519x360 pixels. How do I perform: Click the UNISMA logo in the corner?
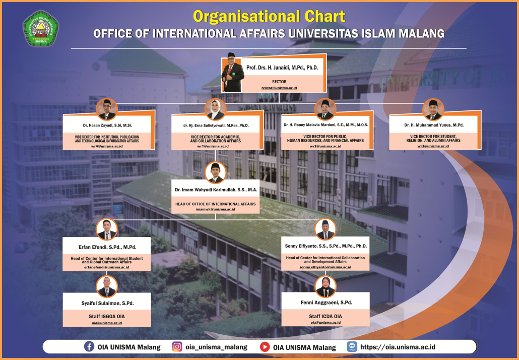click(41, 29)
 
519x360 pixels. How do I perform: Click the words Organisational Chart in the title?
click(269, 16)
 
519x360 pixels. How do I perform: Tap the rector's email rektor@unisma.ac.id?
click(279, 88)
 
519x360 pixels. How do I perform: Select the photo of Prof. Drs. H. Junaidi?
click(232, 72)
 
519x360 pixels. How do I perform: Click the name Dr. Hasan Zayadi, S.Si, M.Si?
click(107, 126)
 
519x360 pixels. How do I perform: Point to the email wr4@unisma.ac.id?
click(107, 146)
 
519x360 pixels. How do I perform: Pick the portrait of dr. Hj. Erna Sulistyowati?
click(216, 109)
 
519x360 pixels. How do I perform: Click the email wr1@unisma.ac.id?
click(215, 146)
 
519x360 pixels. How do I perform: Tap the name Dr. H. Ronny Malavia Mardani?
click(326, 125)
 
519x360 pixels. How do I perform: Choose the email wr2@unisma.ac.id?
click(326, 146)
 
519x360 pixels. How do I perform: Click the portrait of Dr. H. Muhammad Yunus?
click(433, 109)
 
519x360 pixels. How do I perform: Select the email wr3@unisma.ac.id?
click(433, 146)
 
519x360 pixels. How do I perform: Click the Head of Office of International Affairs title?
click(216, 204)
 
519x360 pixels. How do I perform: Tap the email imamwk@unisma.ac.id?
click(216, 209)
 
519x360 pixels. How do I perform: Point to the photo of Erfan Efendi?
click(107, 229)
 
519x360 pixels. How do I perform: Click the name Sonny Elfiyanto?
click(326, 246)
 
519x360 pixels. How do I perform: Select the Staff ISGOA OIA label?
click(107, 317)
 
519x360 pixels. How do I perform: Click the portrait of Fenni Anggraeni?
click(326, 287)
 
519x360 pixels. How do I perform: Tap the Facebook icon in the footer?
click(89, 346)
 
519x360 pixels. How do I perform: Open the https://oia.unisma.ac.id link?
click(398, 347)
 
